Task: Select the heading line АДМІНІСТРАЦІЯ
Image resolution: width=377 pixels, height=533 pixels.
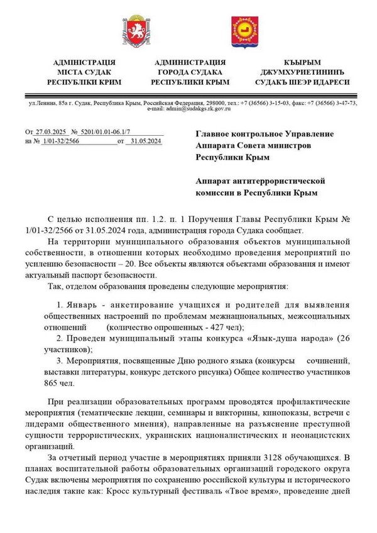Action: (x=85, y=62)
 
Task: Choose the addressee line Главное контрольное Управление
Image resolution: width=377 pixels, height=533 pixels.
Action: (x=265, y=134)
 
